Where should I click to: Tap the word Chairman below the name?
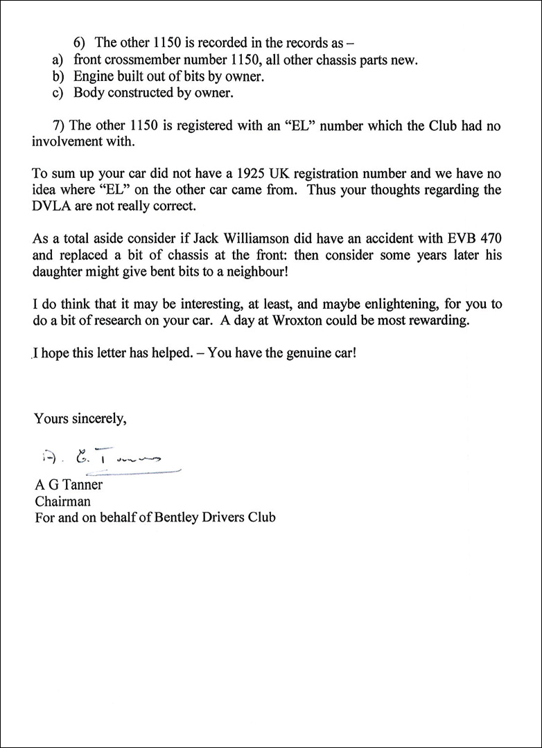(x=62, y=501)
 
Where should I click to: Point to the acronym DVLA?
(x=55, y=207)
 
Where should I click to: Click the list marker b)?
(x=58, y=76)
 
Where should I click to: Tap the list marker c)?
(x=58, y=92)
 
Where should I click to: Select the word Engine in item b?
(x=93, y=76)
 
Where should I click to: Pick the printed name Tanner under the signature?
(x=84, y=485)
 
